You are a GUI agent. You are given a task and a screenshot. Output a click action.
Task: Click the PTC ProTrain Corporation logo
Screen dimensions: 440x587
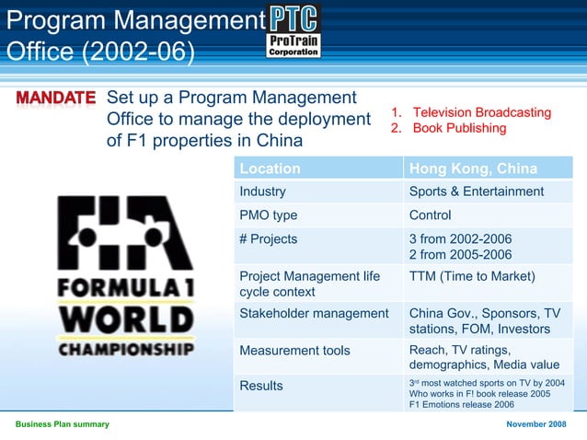[293, 31]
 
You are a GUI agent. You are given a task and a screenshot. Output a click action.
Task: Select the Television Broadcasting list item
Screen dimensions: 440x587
[481, 112]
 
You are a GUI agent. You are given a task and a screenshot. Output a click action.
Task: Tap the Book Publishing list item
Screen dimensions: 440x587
[459, 128]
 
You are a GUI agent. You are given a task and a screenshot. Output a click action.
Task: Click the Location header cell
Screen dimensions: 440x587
[270, 168]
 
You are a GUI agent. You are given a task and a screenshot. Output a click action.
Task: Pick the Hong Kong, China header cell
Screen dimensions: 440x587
[473, 168]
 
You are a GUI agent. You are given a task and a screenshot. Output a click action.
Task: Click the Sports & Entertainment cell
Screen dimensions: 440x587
[476, 191]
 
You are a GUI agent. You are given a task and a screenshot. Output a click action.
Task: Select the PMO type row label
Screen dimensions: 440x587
[269, 215]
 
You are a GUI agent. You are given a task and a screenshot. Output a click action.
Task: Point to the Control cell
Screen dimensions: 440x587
[430, 215]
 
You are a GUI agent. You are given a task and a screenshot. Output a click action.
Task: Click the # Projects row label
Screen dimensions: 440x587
[268, 238]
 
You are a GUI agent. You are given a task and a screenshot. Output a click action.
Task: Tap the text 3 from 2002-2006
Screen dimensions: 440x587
[460, 238]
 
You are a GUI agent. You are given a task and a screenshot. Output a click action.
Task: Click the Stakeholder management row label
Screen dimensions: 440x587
[314, 313]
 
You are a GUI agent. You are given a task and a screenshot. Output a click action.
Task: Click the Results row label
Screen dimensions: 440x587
[261, 386]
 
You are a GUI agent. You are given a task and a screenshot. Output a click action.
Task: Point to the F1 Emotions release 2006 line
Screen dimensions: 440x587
[461, 404]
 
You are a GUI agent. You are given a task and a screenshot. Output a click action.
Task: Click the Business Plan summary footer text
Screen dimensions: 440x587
[62, 423]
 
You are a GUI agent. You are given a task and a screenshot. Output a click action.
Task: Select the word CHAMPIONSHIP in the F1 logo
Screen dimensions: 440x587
[127, 350]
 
